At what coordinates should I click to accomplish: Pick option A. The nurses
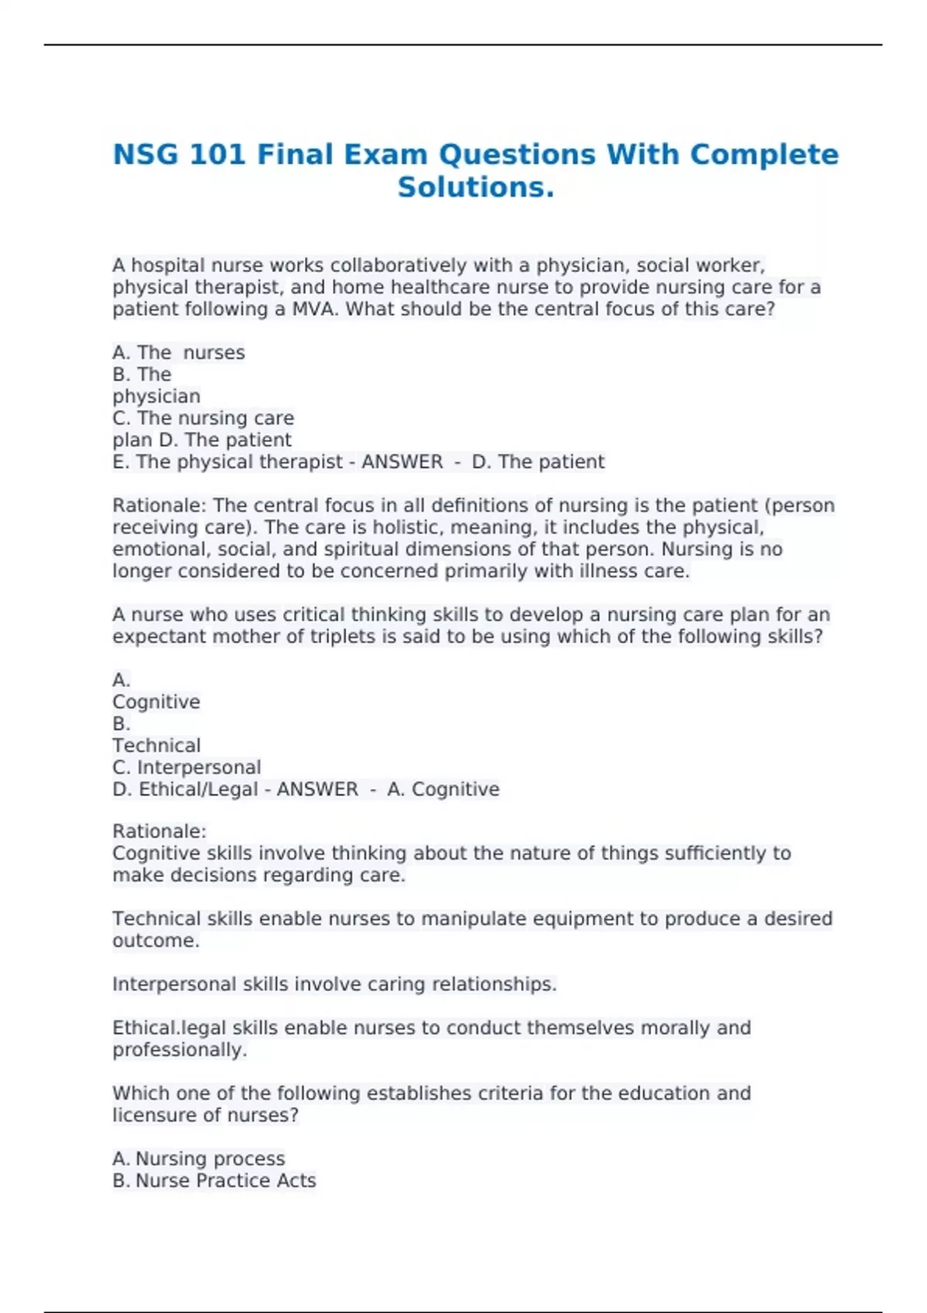[178, 353]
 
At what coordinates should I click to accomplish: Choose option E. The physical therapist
[227, 462]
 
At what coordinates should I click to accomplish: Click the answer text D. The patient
[538, 462]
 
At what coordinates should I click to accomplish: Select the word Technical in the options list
[156, 745]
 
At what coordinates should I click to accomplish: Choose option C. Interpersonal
[186, 768]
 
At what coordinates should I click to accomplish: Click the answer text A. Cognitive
[443, 789]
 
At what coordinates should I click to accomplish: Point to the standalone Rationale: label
[159, 832]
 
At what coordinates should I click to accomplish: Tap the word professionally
[179, 1050]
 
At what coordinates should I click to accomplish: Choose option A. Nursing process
[199, 1159]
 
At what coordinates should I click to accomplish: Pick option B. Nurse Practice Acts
[214, 1181]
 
